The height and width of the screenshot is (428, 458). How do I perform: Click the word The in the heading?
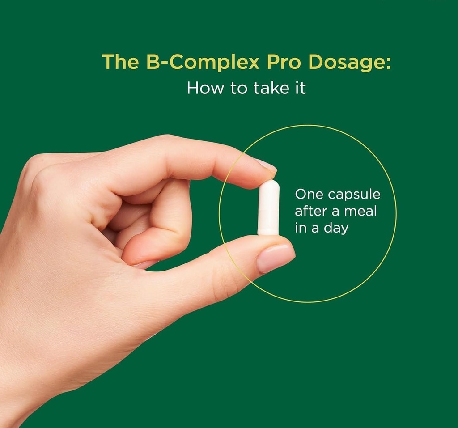click(120, 61)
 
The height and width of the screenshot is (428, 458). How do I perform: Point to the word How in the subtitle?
click(205, 88)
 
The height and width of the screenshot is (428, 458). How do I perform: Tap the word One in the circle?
click(309, 194)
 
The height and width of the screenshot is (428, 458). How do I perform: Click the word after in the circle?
click(311, 211)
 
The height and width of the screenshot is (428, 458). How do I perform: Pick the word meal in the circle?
click(360, 211)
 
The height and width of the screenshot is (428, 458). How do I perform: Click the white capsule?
click(269, 208)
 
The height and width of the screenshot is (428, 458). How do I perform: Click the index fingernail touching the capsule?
click(266, 165)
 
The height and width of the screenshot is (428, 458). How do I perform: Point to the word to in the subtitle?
click(238, 89)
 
